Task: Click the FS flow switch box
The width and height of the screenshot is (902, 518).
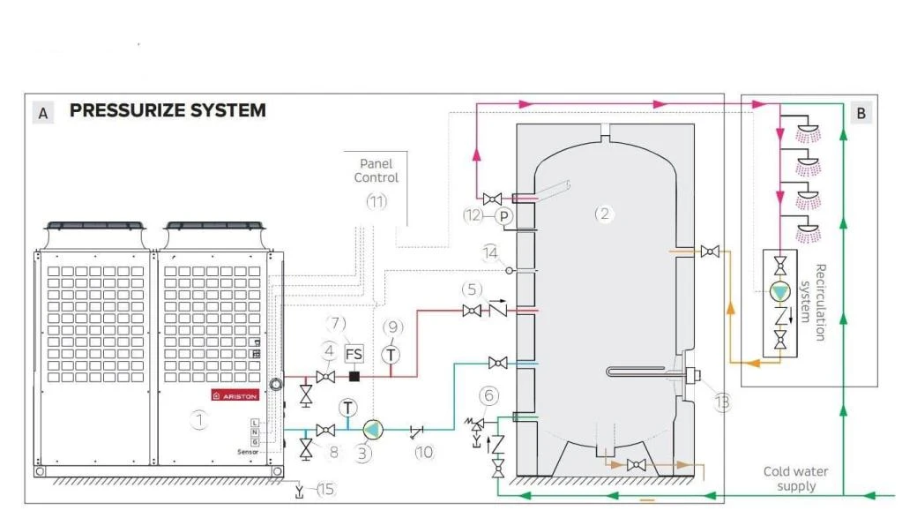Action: [x=354, y=354]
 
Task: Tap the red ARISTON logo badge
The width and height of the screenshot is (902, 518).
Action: [x=235, y=394]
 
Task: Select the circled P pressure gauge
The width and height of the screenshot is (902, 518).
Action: [x=503, y=215]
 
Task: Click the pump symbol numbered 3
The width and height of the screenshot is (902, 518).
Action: [x=374, y=430]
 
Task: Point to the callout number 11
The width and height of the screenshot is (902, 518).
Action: [x=376, y=201]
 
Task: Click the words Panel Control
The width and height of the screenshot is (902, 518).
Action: [x=376, y=170]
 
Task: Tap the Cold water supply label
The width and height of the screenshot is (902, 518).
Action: [x=795, y=478]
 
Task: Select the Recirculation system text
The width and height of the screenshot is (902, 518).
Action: [x=810, y=302]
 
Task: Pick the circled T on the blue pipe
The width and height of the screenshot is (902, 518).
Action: [x=348, y=408]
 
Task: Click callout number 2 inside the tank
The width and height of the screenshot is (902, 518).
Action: [x=603, y=213]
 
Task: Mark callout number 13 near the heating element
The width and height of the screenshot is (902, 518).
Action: [x=722, y=402]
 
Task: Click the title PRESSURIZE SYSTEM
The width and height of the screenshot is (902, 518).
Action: [x=168, y=111]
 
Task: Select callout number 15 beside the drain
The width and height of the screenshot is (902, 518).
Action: [x=327, y=488]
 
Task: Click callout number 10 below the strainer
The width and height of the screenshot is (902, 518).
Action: [x=425, y=452]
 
